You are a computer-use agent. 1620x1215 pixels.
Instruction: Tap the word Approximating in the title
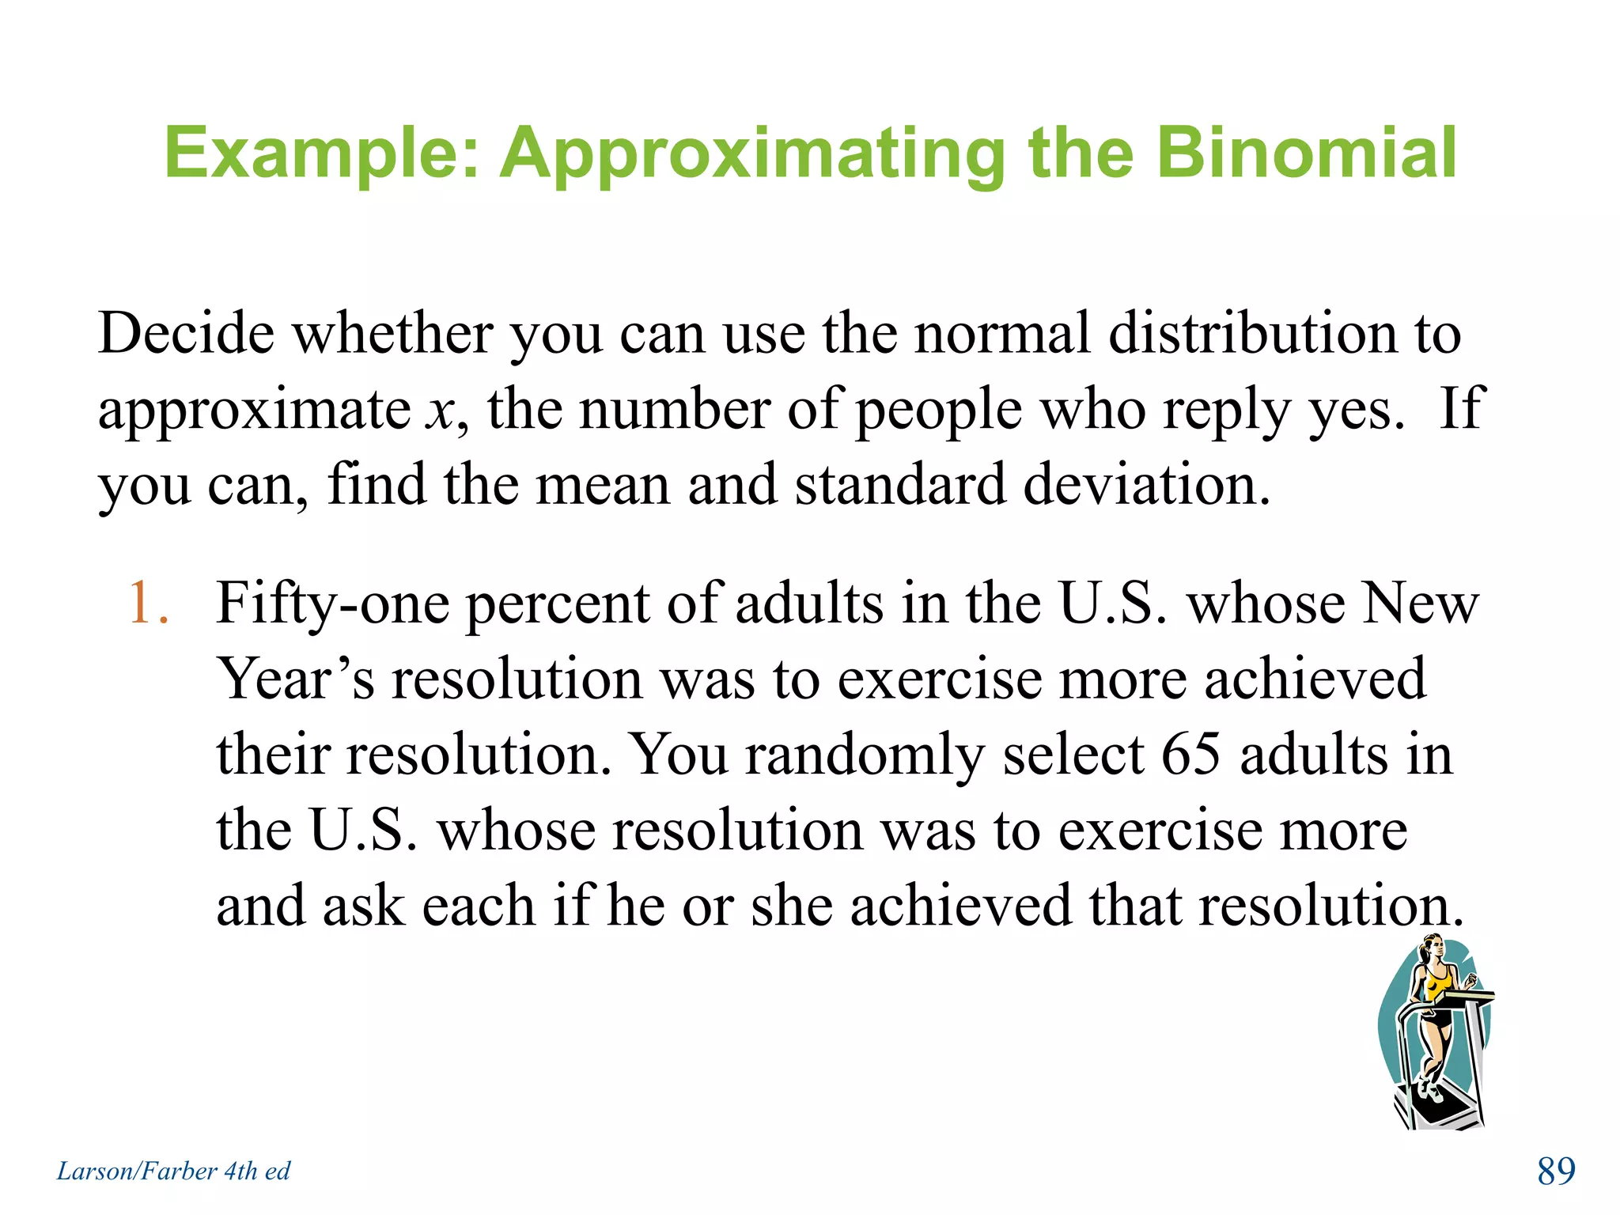coord(752,154)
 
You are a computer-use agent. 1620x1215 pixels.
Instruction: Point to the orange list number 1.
coord(148,604)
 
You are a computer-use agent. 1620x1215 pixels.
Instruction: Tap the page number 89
coord(1556,1171)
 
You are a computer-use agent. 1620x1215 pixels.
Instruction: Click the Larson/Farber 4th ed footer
coord(173,1171)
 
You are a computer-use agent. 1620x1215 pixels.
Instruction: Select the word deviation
coord(1147,484)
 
